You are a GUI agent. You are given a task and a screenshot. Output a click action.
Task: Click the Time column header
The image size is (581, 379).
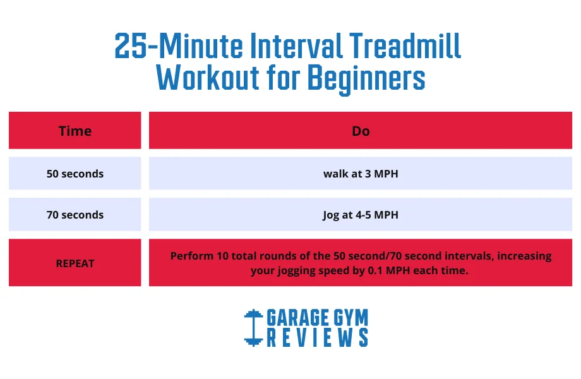(75, 131)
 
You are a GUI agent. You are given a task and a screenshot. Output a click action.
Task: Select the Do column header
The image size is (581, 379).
(361, 131)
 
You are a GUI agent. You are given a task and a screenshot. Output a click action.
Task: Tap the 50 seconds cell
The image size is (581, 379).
(75, 174)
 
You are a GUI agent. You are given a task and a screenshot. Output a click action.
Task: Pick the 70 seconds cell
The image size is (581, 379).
(75, 215)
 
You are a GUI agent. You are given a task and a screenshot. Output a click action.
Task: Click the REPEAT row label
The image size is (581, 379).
(75, 263)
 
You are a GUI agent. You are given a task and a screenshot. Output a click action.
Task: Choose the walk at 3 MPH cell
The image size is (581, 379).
(361, 174)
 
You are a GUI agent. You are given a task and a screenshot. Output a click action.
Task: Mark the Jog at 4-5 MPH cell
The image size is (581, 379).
(361, 215)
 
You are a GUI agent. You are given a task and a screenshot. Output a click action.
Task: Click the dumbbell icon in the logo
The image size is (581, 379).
(253, 327)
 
